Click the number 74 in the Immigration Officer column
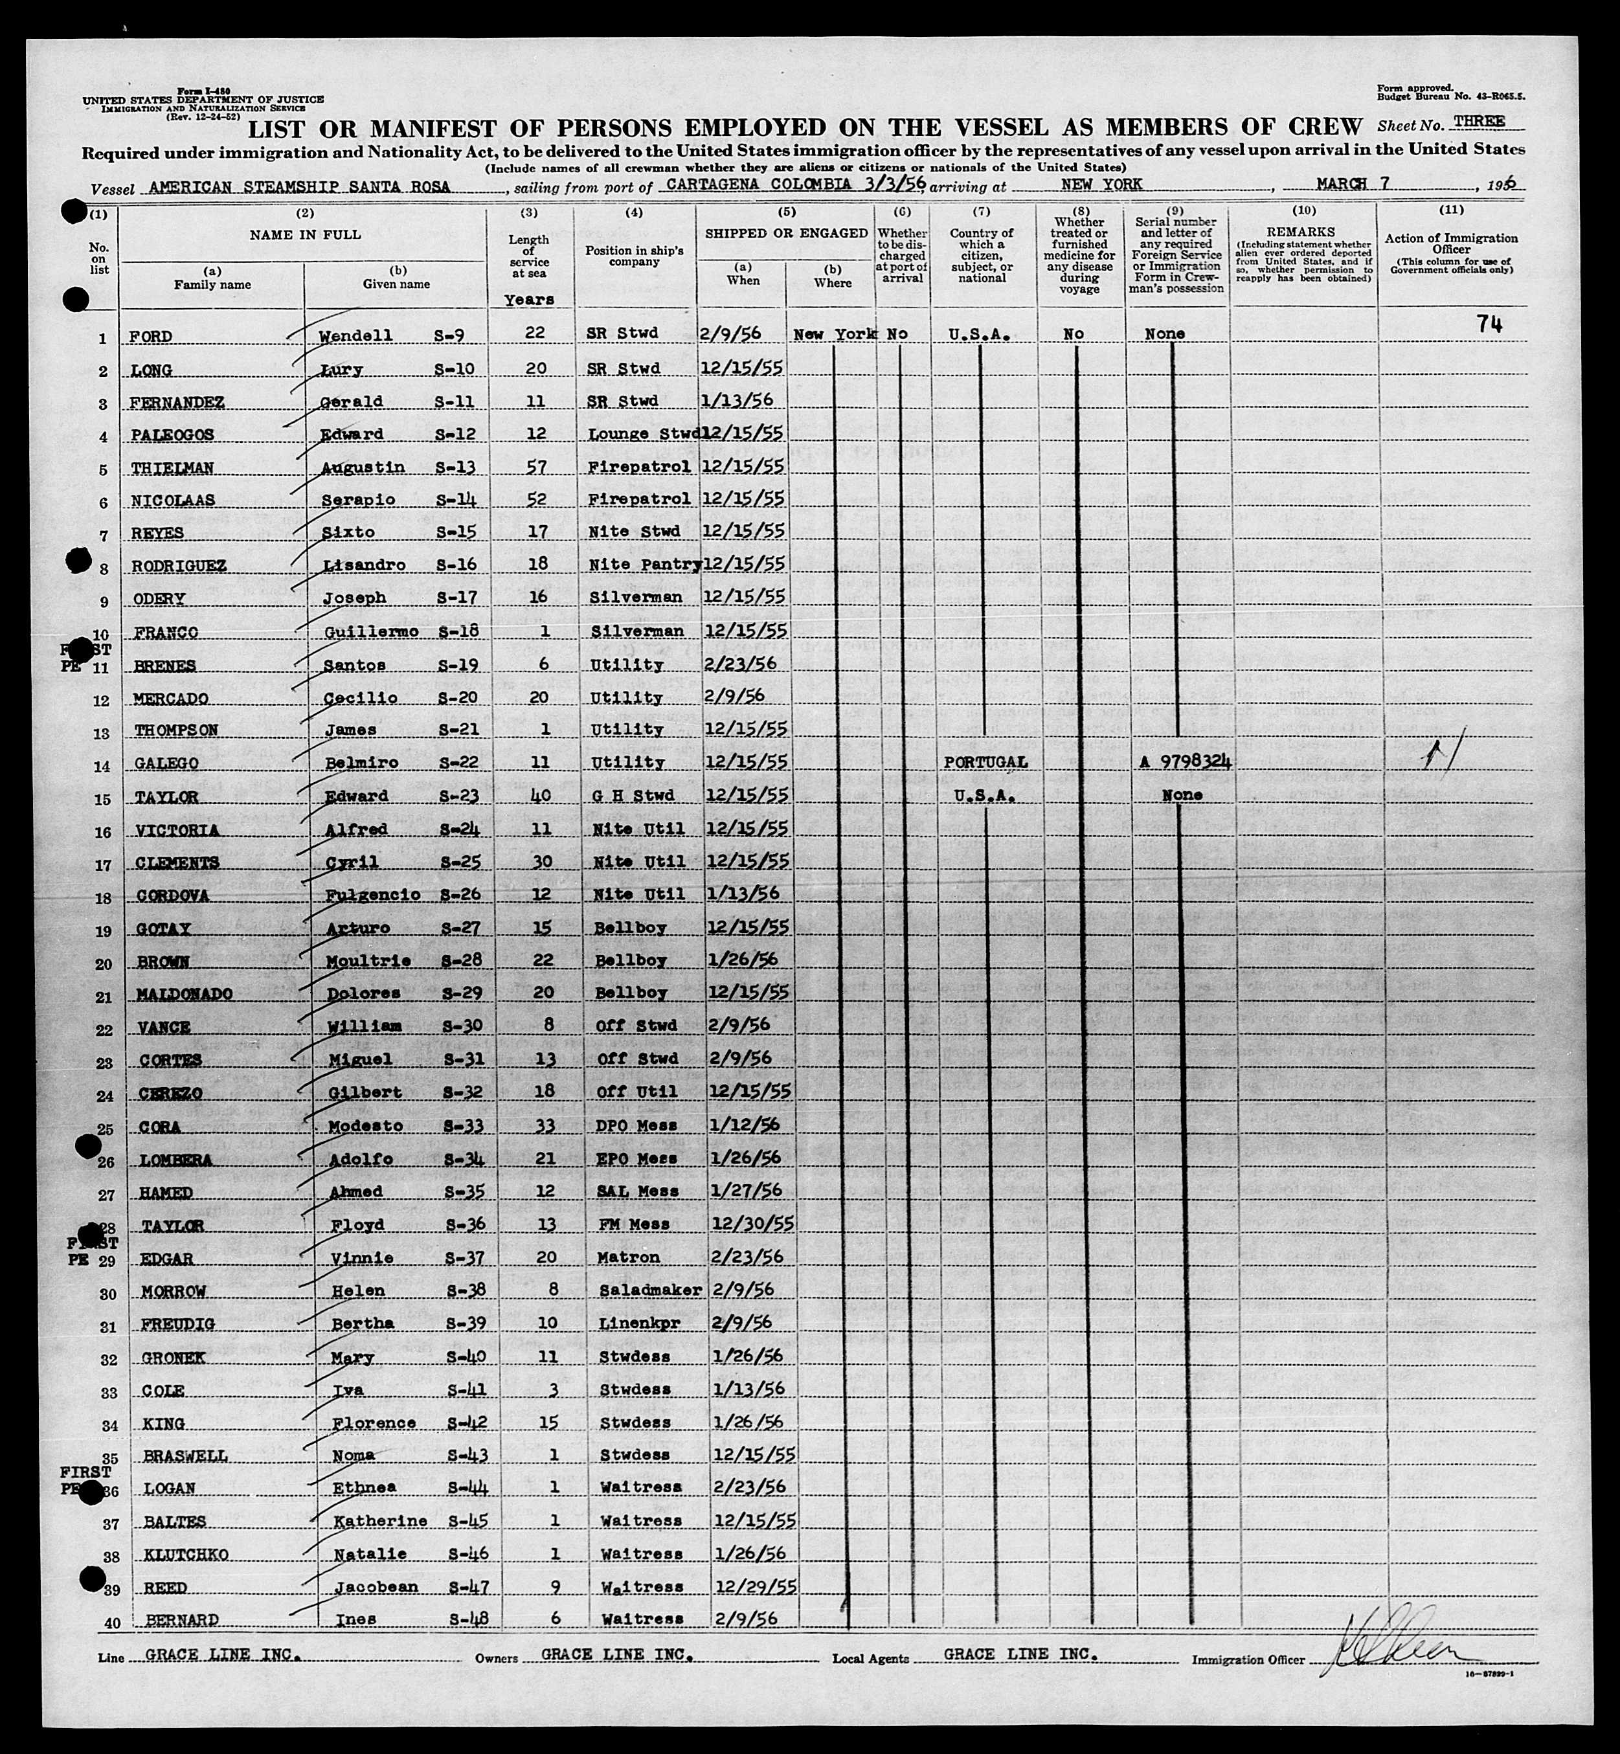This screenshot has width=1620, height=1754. point(1489,325)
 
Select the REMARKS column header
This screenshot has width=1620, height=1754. point(1302,231)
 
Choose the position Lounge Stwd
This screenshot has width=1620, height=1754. point(644,434)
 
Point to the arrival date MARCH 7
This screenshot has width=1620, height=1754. point(1355,183)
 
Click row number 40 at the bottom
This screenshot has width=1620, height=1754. point(112,1623)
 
